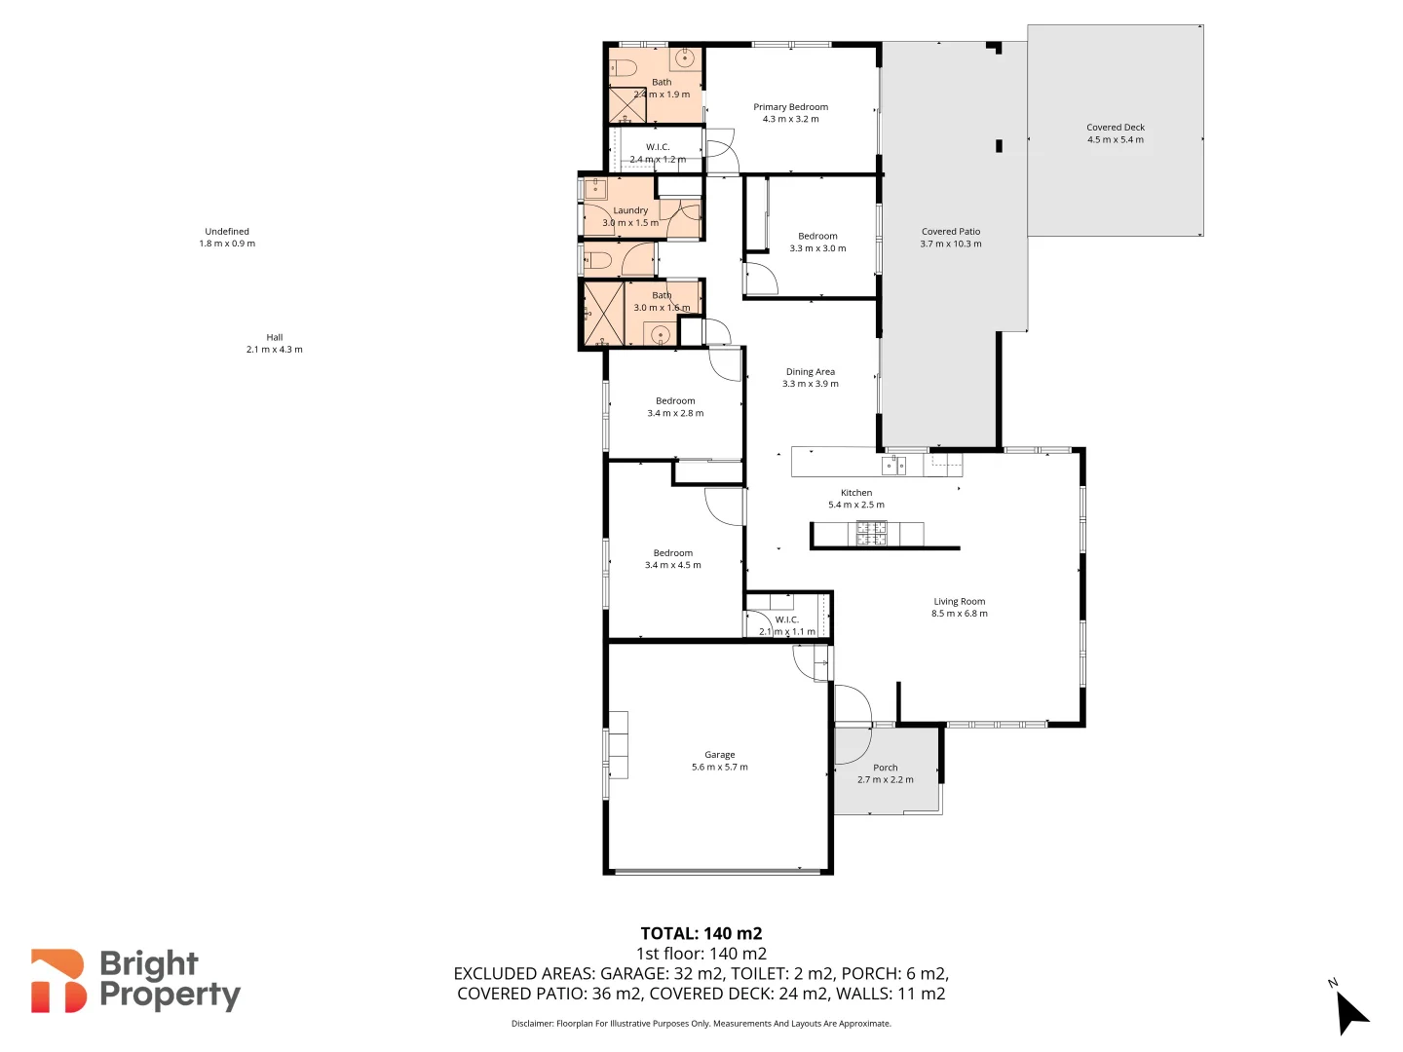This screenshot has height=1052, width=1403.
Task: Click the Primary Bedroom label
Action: pos(790,107)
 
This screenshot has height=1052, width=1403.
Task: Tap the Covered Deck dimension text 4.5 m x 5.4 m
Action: pos(1116,139)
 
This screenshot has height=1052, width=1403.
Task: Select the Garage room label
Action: pos(719,755)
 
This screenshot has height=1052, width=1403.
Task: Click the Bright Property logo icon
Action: pos(57,981)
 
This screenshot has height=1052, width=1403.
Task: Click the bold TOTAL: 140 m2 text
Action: pos(701,933)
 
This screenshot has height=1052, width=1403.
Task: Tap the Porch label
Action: pos(885,768)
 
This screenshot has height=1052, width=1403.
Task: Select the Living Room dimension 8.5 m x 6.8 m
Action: pos(959,614)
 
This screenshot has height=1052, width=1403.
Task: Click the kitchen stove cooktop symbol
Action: pos(871,533)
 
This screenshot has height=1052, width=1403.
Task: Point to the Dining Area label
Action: pos(810,372)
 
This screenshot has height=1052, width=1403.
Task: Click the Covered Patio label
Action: pos(950,232)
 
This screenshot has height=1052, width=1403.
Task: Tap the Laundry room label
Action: pos(630,210)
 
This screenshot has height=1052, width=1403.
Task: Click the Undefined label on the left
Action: pos(226,232)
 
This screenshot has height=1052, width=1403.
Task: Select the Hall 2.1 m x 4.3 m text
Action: pos(274,350)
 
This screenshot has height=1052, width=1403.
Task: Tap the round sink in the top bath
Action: pos(685,58)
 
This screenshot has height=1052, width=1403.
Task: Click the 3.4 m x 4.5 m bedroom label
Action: pos(672,565)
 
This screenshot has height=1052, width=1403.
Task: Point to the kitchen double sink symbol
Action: pos(893,466)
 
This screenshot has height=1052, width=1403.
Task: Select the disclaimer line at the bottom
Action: pos(701,1024)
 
